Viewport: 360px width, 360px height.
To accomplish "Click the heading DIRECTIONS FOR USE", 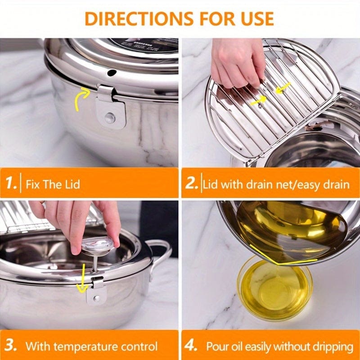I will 179,18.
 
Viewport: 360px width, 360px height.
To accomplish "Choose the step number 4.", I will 192,346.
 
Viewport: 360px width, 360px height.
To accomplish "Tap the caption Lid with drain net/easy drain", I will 276,184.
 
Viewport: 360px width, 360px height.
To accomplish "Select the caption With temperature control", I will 91,346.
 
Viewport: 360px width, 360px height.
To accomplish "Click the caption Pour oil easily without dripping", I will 279,346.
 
